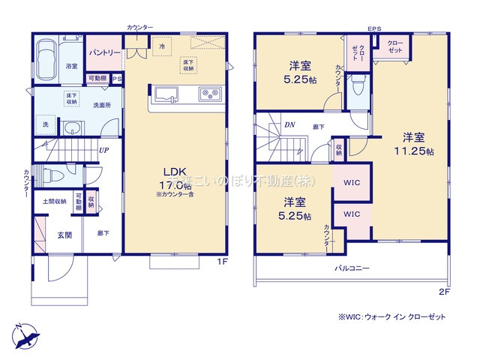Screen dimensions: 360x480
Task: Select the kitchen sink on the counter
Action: [x=166, y=95]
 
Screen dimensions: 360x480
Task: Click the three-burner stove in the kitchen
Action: [x=209, y=94]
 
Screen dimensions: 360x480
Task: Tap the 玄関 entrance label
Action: [x=65, y=235]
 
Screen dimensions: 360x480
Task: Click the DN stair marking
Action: [x=289, y=125]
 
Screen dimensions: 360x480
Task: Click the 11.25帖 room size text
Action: [x=413, y=151]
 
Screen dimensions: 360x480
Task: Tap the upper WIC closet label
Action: [x=351, y=182]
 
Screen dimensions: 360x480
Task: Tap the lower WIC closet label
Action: [x=351, y=214]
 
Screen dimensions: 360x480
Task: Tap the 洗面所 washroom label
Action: [x=93, y=106]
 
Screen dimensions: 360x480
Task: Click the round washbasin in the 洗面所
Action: [x=72, y=127]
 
